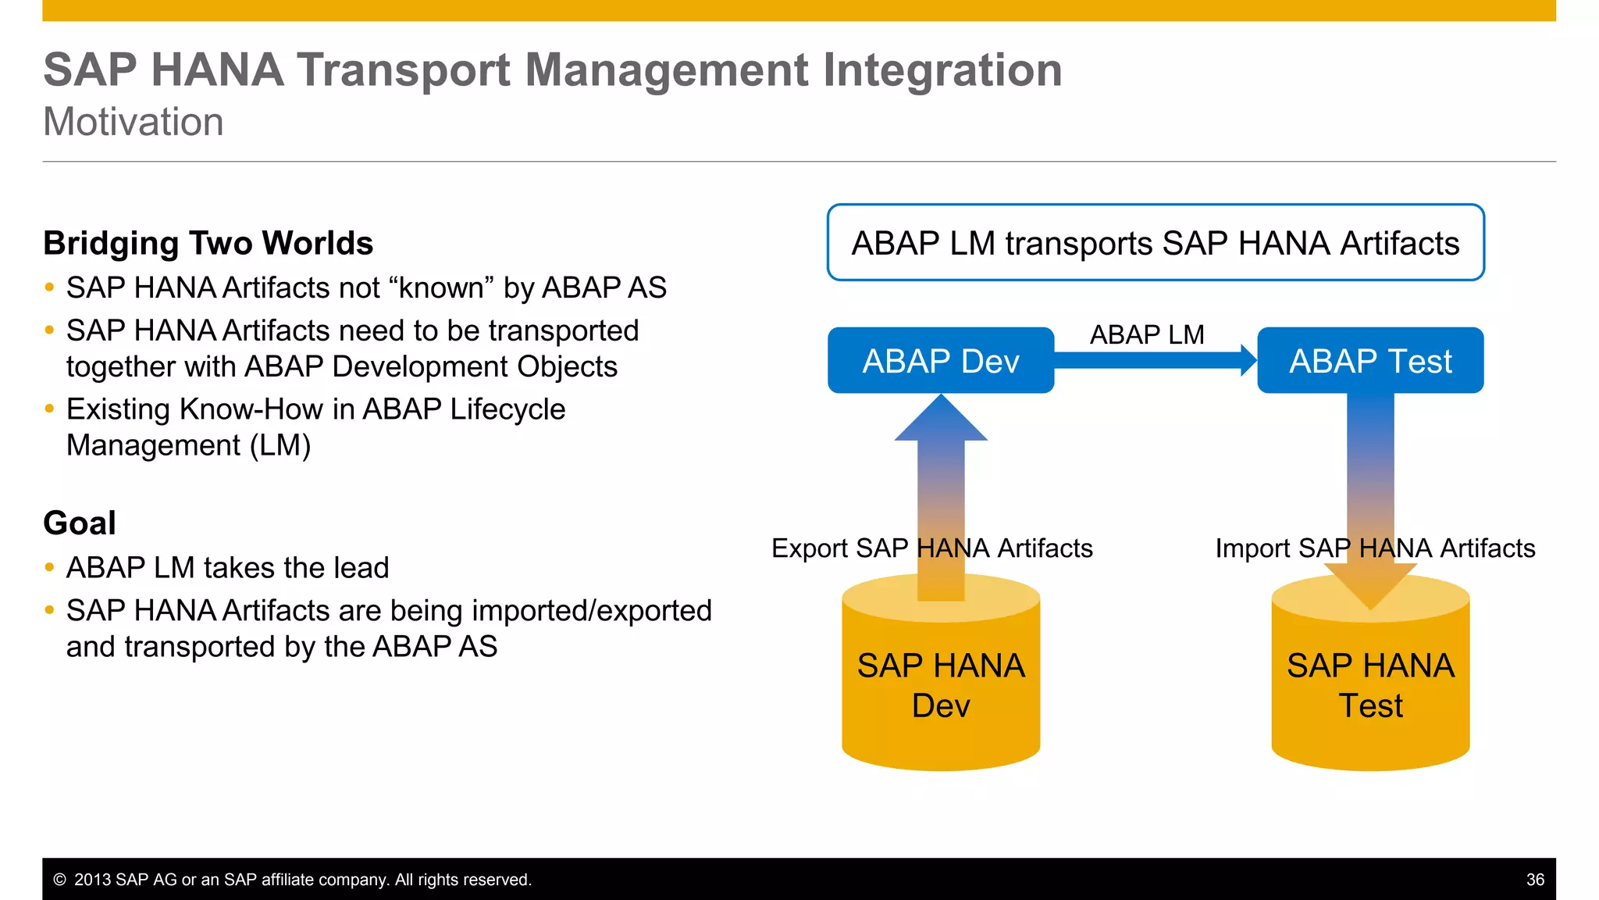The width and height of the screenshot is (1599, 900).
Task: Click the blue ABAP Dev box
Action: (940, 360)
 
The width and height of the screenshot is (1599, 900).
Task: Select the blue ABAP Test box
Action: (1370, 360)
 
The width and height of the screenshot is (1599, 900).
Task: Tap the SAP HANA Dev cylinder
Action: (940, 687)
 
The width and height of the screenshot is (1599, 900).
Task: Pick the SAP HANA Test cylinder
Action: (1370, 687)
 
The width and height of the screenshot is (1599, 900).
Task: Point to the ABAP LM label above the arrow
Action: (1146, 334)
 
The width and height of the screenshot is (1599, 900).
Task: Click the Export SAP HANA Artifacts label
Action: (931, 548)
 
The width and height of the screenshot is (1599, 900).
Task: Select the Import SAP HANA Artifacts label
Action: (1375, 548)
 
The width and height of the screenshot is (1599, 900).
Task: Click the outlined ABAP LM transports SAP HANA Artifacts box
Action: (1155, 243)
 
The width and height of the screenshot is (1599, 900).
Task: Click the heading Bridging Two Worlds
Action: (208, 243)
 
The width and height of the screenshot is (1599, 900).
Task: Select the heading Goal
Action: (80, 523)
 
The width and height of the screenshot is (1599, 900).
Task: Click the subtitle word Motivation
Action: (134, 122)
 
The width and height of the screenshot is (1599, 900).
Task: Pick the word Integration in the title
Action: (942, 70)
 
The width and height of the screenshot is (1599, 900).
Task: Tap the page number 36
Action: (1535, 880)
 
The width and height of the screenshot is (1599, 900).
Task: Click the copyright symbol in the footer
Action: (59, 880)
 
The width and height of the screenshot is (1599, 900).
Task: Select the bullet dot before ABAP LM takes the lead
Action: (49, 567)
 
